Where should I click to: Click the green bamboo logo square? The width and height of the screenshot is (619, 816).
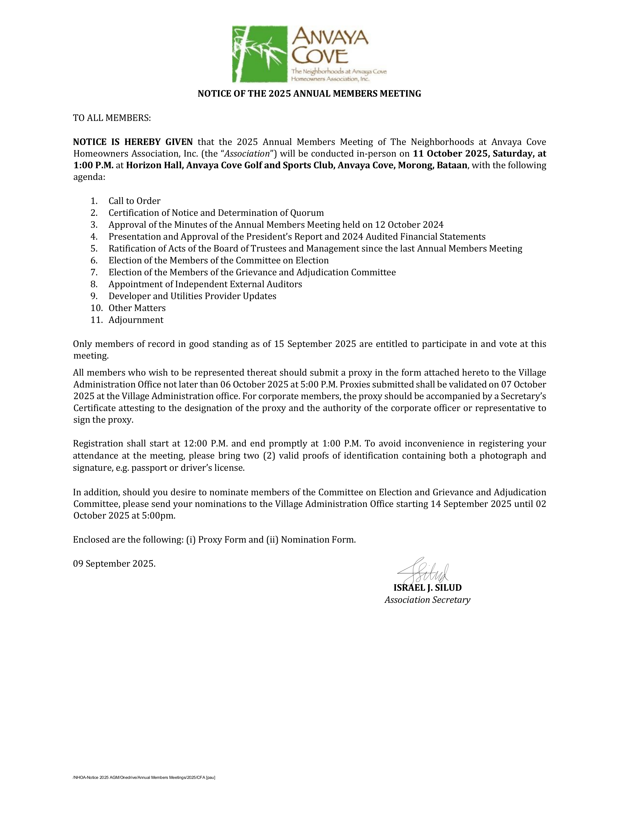(259, 54)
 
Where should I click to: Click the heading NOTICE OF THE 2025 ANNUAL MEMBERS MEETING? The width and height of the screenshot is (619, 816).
(309, 94)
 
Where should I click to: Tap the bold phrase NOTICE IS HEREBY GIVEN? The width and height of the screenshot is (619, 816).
(133, 142)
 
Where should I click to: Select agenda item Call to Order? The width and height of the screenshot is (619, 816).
(134, 201)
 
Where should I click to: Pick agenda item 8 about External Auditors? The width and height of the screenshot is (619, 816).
(205, 284)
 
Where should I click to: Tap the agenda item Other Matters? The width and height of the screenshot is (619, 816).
(137, 308)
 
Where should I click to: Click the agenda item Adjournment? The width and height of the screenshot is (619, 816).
(136, 320)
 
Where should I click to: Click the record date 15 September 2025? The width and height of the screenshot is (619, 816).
(315, 344)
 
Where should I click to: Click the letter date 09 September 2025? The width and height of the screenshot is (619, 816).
(114, 564)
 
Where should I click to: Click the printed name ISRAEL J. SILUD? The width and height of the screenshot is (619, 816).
(427, 588)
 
